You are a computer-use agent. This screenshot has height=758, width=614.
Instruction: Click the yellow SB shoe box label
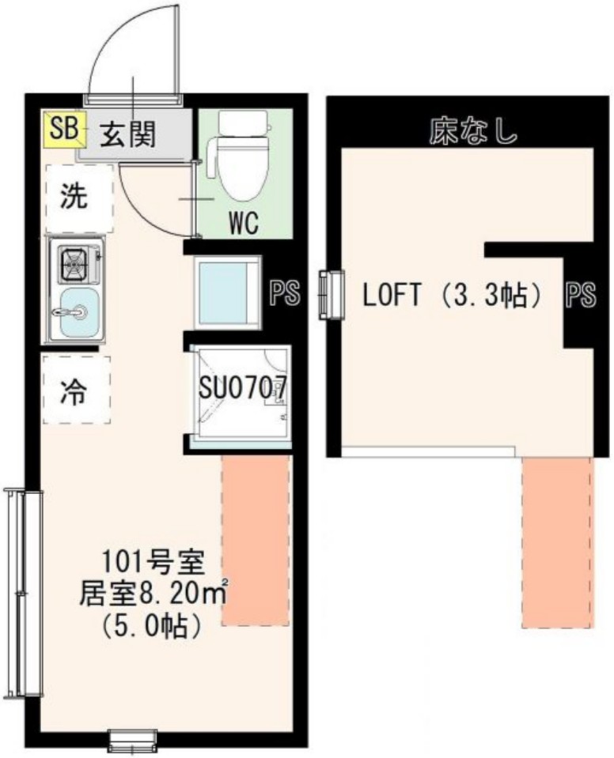[62, 130]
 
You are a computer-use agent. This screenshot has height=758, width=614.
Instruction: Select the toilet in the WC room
[243, 157]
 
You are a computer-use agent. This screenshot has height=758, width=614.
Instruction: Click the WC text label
[244, 224]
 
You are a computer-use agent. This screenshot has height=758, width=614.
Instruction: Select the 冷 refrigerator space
[77, 390]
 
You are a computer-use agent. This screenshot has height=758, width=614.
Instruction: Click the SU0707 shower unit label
[241, 388]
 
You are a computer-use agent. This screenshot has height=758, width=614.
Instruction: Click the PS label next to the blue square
[285, 294]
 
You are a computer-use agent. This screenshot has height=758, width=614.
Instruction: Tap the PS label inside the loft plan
[579, 296]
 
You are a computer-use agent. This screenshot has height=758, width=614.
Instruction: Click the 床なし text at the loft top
[473, 131]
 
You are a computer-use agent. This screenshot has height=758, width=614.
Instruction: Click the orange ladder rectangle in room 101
[255, 541]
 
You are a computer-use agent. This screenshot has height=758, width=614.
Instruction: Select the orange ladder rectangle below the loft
[557, 541]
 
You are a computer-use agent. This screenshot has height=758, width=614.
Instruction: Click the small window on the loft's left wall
[331, 295]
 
